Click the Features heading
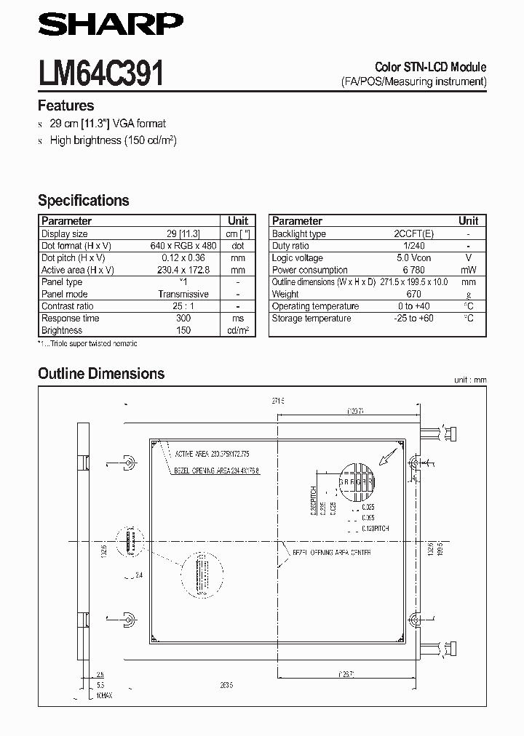click(x=65, y=105)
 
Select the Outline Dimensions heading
click(x=101, y=374)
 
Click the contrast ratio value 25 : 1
click(x=183, y=306)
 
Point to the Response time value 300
click(x=183, y=319)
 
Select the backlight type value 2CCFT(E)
click(x=413, y=234)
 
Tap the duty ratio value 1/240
click(x=413, y=246)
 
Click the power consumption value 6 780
click(x=413, y=270)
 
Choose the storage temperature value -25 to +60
click(x=413, y=319)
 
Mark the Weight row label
click(x=285, y=295)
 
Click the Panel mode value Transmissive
click(x=183, y=295)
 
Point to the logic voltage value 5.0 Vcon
click(x=413, y=258)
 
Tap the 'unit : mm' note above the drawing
click(x=469, y=380)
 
